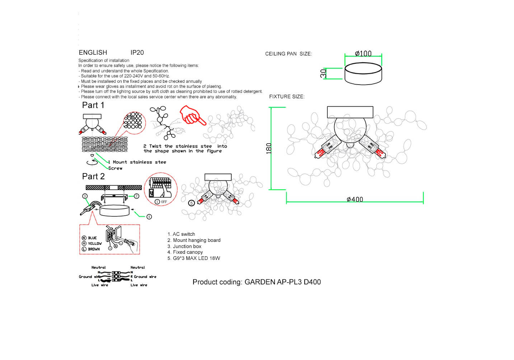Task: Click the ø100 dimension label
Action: coord(363,54)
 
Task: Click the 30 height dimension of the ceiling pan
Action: coord(323,73)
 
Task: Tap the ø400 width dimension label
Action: coord(355,199)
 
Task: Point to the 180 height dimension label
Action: coord(269,148)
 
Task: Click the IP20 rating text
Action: coord(137,53)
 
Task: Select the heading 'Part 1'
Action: coord(93,105)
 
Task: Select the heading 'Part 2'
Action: coord(93,176)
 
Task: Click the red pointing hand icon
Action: coord(192,115)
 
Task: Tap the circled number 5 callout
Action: coord(191,203)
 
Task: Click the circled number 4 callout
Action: coord(149,217)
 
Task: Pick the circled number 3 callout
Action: coord(85,196)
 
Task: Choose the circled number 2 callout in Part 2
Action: coord(137,196)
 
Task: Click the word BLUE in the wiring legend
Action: coord(92,238)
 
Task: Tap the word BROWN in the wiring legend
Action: coord(94,249)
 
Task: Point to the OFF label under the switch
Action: coord(164,202)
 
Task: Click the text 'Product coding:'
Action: coord(217,282)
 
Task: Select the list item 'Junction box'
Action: coord(187,246)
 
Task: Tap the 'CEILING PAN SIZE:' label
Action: coord(288,54)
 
